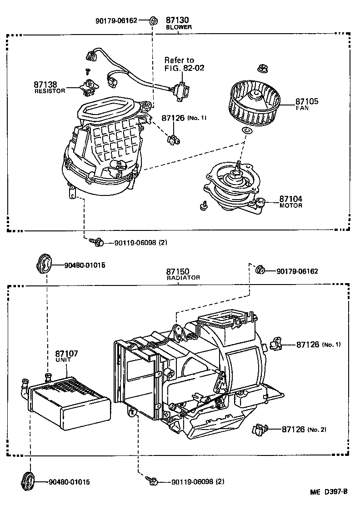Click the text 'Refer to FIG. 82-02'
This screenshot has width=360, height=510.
tap(184, 64)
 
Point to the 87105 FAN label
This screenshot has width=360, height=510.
tap(307, 104)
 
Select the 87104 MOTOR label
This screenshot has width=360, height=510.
tap(290, 201)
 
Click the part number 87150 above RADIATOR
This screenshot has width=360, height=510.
tap(177, 271)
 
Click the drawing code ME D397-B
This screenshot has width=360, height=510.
tap(329, 492)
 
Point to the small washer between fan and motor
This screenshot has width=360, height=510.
tap(247, 131)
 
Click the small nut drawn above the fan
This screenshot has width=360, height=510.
tap(261, 69)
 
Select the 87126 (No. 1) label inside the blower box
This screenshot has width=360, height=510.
tap(183, 118)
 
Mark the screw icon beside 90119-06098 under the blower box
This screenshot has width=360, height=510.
tap(96, 242)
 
